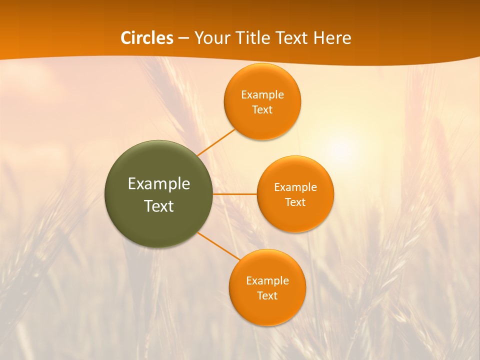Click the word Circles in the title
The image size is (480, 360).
[147, 38]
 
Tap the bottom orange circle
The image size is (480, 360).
[267, 310]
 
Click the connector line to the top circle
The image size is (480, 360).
[216, 142]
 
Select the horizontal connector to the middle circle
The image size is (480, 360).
[235, 194]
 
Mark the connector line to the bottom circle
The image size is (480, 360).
[219, 246]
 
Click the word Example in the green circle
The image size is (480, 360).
[159, 184]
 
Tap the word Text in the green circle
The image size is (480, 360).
[159, 206]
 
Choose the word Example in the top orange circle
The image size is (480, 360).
[262, 95]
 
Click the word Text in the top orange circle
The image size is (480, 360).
[262, 110]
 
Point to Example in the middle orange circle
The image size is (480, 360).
[295, 187]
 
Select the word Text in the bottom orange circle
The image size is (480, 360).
[267, 296]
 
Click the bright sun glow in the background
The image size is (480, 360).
[342, 148]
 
